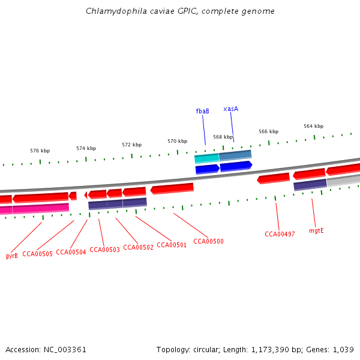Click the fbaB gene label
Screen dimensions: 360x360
202,111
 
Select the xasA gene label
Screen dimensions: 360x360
231,109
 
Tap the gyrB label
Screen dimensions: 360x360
11,256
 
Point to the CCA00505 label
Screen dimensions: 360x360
37,254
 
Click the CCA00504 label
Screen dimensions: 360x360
71,252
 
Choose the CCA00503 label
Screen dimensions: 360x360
104,250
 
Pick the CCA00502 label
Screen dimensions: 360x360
138,247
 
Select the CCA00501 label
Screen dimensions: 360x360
172,245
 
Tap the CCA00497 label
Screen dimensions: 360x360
280,234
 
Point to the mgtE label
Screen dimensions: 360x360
316,230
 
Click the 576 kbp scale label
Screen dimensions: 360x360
40,151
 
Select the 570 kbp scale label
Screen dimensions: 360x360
177,141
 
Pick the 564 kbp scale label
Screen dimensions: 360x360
313,126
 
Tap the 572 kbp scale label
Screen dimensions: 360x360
131,145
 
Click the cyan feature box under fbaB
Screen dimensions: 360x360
206,158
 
